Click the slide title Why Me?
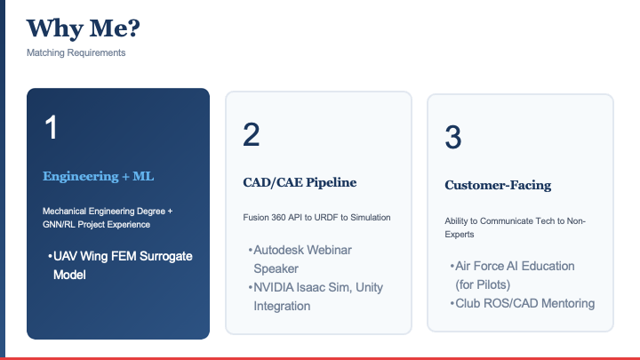84,28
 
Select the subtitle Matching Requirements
76,52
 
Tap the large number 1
51,127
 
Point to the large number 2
251,134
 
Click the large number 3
453,137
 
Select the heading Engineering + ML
99,176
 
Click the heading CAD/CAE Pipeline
300,182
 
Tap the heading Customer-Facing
498,185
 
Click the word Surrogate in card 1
165,257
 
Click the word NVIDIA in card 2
273,287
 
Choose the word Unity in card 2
370,288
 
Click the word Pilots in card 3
485,284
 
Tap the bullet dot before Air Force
452,266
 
